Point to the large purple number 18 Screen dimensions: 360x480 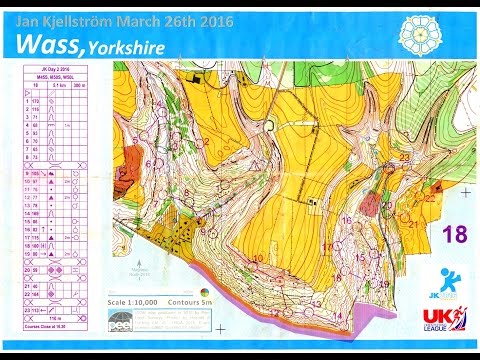pyautogui.click(x=454, y=234)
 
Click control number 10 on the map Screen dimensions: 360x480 pyautogui.click(x=258, y=258)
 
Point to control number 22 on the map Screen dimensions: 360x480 pyautogui.click(x=430, y=198)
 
